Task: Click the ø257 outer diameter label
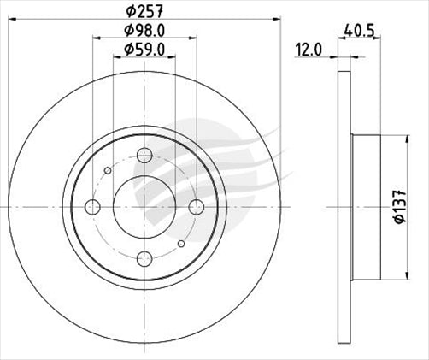tap(144, 11)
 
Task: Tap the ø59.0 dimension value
tap(144, 50)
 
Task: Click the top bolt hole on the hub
tap(144, 155)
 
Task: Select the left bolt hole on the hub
tap(93, 205)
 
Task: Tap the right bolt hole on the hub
tap(196, 205)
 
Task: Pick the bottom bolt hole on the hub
tap(144, 256)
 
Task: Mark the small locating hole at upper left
tap(107, 169)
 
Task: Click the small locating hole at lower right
tap(181, 242)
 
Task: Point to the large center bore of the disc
tap(144, 205)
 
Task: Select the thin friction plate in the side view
tap(344, 205)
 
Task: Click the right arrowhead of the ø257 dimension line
tap(278, 21)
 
